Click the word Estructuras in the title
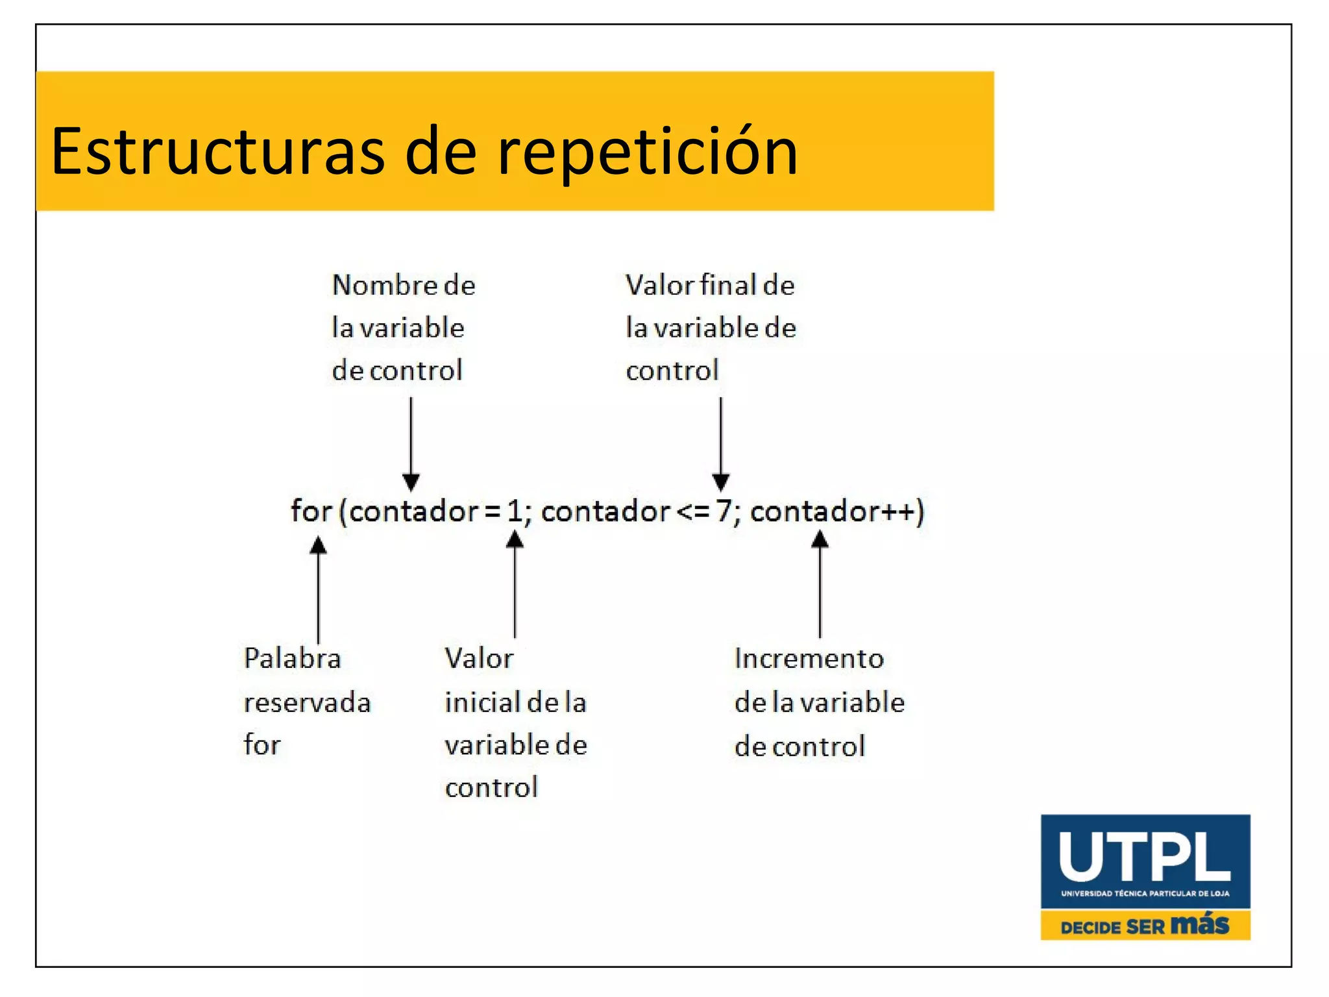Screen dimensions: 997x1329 point(218,151)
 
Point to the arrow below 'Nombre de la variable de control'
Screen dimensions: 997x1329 point(411,444)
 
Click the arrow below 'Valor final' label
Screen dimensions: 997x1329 point(721,444)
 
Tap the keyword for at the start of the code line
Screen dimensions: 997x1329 point(311,511)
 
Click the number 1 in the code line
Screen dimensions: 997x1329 point(515,511)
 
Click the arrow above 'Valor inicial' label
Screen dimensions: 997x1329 point(515,584)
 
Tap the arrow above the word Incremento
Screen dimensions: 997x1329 point(820,584)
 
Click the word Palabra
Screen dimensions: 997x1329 point(293,659)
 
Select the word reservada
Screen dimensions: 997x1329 point(307,703)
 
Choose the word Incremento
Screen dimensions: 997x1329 point(809,659)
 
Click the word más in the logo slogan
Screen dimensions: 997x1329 point(1201,924)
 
